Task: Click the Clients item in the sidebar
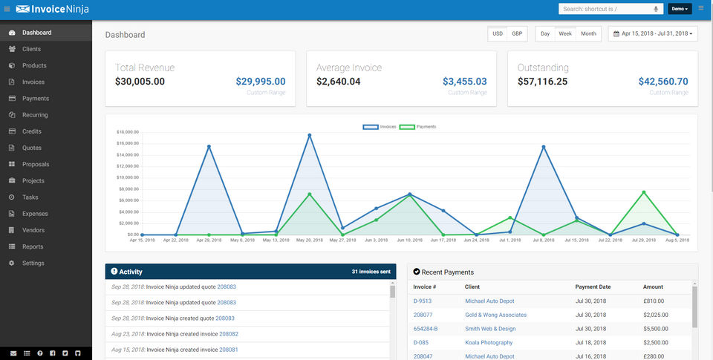click(31, 49)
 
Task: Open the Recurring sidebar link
click(35, 115)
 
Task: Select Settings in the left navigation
click(33, 263)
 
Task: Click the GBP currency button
click(517, 33)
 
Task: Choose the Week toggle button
click(565, 33)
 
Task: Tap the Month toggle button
click(588, 33)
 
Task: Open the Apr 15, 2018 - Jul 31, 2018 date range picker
click(653, 33)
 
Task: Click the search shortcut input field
click(605, 9)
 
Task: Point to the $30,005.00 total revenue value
click(140, 82)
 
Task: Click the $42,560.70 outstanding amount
click(663, 82)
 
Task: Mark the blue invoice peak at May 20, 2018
click(310, 135)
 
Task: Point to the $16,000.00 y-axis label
click(128, 143)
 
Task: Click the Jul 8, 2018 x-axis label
click(544, 240)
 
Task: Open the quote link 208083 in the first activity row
click(227, 287)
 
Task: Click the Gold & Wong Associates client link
click(495, 315)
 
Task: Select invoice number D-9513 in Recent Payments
click(423, 301)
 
